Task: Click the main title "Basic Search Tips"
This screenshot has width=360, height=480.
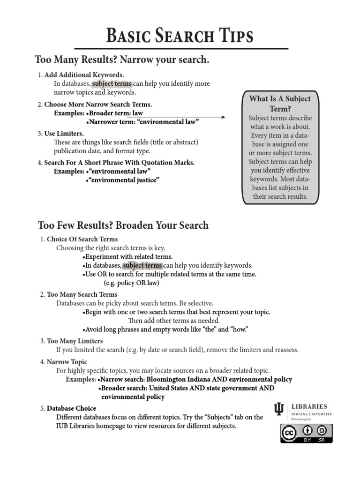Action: (x=180, y=36)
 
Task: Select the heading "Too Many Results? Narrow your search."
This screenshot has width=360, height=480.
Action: (x=121, y=60)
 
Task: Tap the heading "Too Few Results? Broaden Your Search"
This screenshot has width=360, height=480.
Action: (x=123, y=225)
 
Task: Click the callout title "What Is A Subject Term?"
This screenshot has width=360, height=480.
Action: (x=280, y=103)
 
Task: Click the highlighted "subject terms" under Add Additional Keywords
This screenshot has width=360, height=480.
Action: (x=112, y=84)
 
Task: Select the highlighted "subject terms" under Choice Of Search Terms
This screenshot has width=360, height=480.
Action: (x=142, y=265)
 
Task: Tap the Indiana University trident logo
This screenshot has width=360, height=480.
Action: (x=279, y=409)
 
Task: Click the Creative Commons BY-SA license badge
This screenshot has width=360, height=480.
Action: (x=306, y=433)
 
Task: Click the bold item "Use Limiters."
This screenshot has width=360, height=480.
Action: (x=64, y=134)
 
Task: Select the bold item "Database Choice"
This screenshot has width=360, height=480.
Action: (x=71, y=408)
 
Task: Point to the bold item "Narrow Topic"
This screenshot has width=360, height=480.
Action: (x=67, y=362)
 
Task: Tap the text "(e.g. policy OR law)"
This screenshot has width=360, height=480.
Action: (x=131, y=283)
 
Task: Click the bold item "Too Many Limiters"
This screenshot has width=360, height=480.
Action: (x=75, y=341)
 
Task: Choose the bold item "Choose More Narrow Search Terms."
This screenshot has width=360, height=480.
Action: (x=98, y=105)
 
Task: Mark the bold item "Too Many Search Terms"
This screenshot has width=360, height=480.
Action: (x=82, y=294)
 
